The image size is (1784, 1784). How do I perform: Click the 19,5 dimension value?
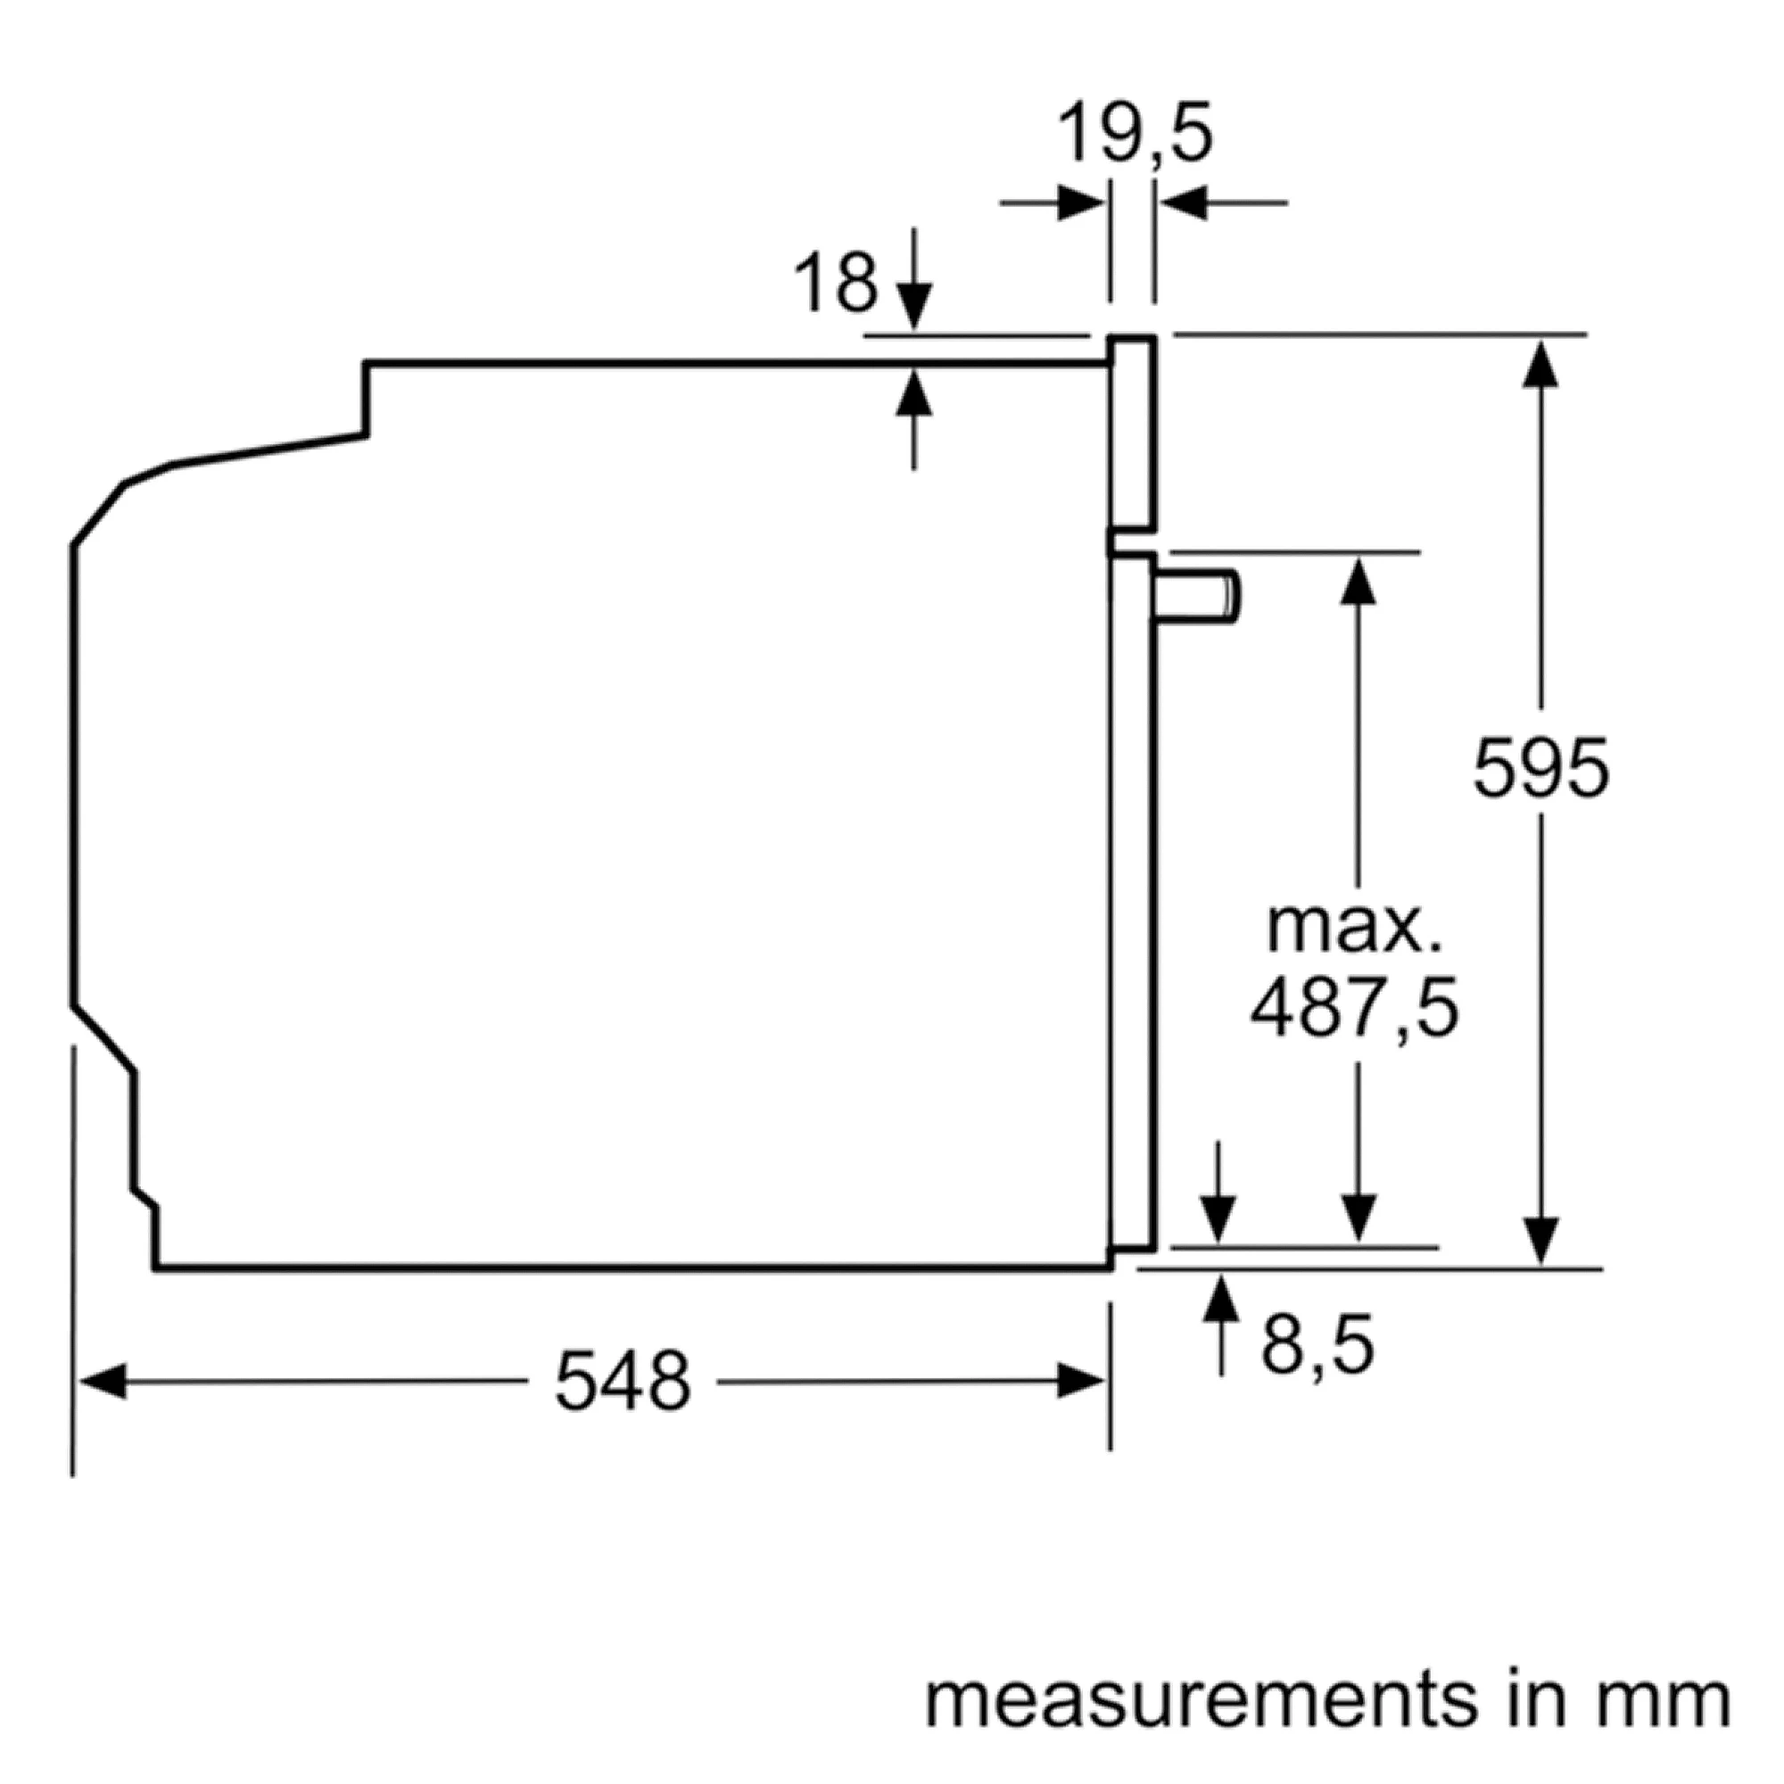pos(1134,134)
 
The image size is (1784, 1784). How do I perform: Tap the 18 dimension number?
pos(836,284)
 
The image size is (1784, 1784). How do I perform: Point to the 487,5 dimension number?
pos(1356,1012)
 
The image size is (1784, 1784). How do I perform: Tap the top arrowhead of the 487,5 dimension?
pos(1357,581)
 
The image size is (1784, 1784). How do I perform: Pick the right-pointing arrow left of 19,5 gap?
pos(1053,202)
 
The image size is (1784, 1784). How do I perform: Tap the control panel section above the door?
pos(1132,434)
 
